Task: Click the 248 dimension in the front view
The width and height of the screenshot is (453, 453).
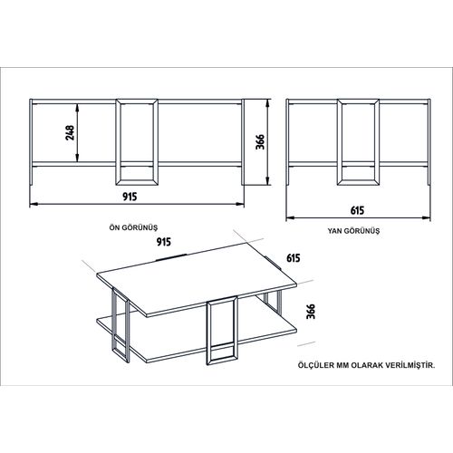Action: [x=70, y=132]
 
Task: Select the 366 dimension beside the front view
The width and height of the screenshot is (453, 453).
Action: [x=260, y=141]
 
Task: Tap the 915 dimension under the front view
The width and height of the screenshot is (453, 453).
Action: [x=130, y=197]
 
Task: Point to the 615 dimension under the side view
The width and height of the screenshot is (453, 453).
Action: [x=357, y=210]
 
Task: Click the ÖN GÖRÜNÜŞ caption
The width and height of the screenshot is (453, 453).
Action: [x=133, y=227]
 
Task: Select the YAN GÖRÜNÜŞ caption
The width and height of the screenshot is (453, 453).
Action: [x=353, y=231]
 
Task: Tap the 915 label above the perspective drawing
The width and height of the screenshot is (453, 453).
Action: [x=164, y=242]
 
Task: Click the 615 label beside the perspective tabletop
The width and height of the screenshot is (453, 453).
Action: [x=294, y=258]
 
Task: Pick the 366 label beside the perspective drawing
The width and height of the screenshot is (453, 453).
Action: [x=311, y=312]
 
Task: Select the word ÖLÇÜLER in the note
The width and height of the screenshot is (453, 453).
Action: [x=316, y=365]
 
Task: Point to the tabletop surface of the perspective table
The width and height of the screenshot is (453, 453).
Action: [x=197, y=279]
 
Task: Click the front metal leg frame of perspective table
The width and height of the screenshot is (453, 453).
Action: [x=208, y=333]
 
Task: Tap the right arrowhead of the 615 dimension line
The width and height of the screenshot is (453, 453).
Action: [x=427, y=217]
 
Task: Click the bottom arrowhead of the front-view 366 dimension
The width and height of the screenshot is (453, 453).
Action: [x=267, y=181]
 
